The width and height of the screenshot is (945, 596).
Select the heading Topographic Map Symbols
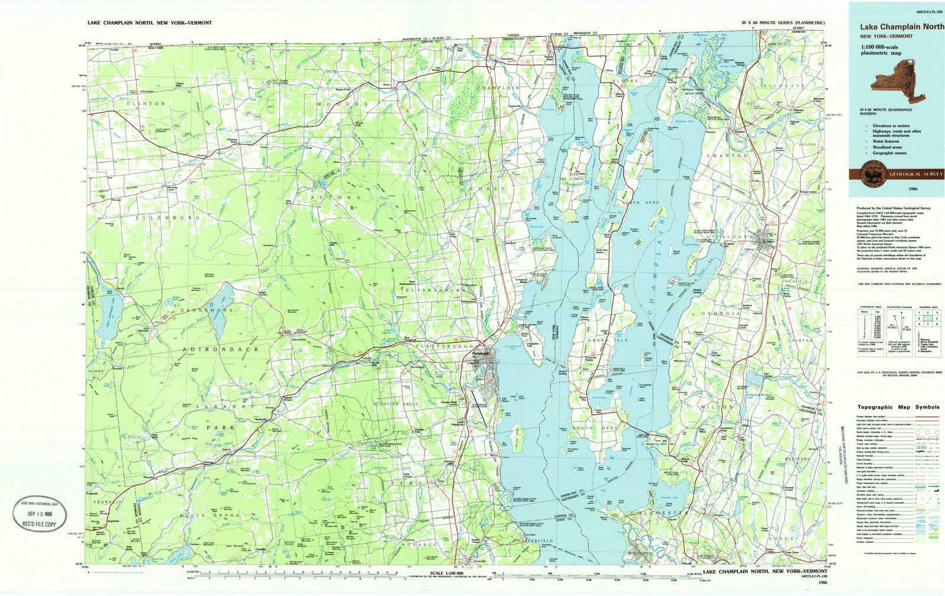[897, 407]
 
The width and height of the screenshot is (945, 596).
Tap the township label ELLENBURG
[143, 217]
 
